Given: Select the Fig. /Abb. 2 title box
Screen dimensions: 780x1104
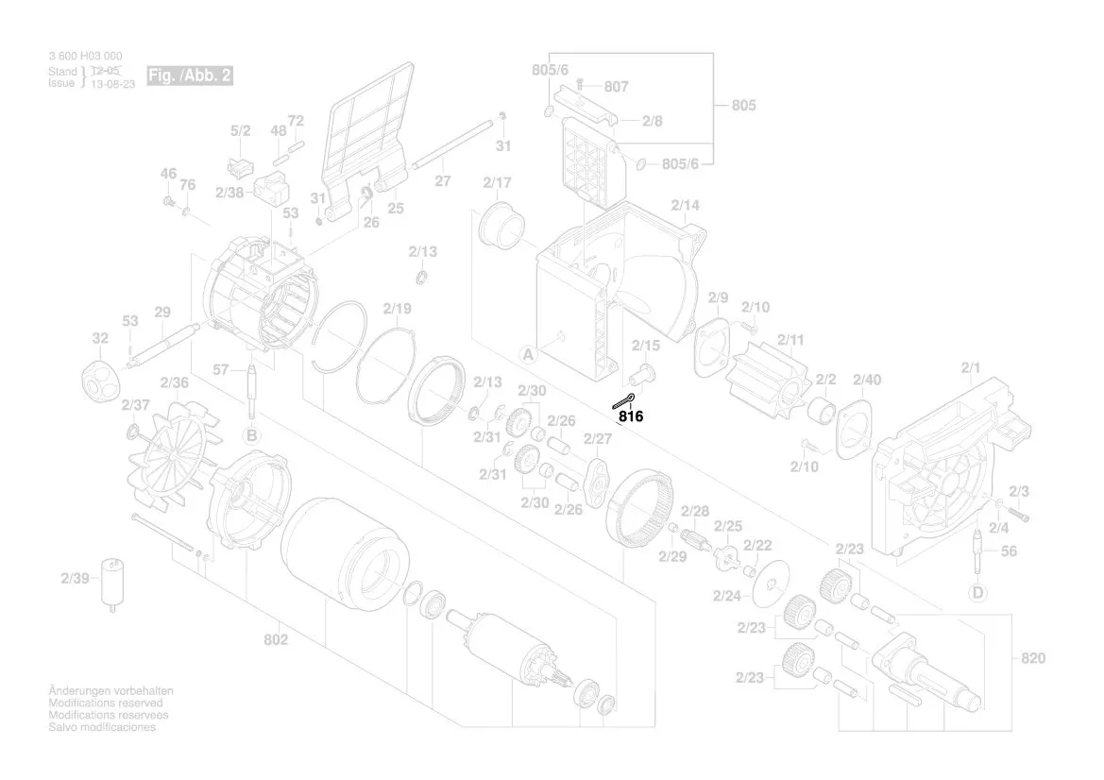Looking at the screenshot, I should pos(189,76).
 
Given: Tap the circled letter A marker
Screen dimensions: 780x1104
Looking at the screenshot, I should pos(528,355).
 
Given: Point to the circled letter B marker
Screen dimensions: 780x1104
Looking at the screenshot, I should pos(251,435).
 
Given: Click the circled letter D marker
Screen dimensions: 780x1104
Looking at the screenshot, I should pos(977,593).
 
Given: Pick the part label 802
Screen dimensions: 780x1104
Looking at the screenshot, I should pos(276,640).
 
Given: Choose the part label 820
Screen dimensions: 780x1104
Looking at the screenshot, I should pos(1032,657).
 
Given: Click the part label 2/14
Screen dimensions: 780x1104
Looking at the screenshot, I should pos(686,206).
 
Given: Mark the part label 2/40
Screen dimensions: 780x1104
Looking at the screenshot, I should pos(866,380).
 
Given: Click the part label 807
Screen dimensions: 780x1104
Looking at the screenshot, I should pos(616,87).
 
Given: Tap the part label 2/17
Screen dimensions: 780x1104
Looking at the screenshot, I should pos(497,182).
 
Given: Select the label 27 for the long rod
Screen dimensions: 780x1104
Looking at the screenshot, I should pos(442,181).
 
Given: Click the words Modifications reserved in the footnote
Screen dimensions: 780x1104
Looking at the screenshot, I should pos(105,704).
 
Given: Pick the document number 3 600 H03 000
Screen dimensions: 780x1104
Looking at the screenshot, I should pos(85,57).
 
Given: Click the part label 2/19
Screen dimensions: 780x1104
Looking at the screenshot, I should pos(398,309).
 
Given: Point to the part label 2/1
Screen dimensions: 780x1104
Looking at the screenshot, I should pos(971,366).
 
